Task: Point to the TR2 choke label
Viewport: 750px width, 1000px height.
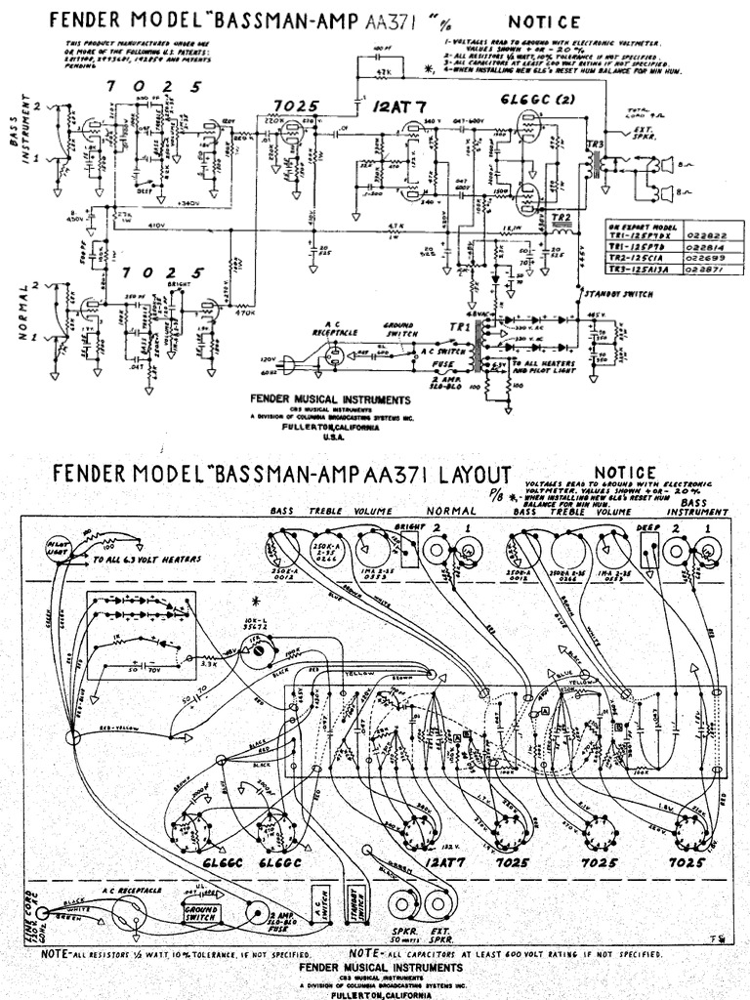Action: (561, 216)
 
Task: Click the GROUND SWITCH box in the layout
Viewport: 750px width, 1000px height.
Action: (200, 913)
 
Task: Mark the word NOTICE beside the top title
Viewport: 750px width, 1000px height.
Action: (545, 22)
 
